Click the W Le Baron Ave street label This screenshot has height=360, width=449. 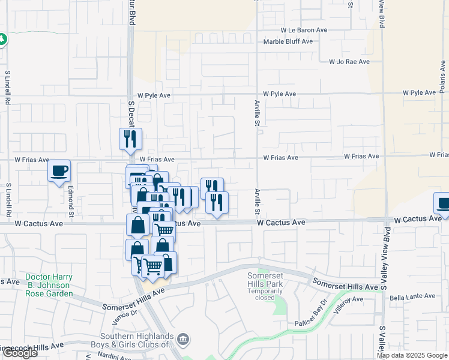tap(304, 29)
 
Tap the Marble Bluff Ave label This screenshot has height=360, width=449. tap(288, 41)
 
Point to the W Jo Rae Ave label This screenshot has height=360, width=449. tap(352, 61)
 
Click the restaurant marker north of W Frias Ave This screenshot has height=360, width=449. tap(130, 139)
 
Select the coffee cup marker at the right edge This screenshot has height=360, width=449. tap(443, 203)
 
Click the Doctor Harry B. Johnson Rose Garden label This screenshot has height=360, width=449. tap(49, 285)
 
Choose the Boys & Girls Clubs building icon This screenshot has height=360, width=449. tap(184, 340)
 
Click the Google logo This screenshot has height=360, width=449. tap(19, 353)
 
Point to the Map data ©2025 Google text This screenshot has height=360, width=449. tap(411, 355)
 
